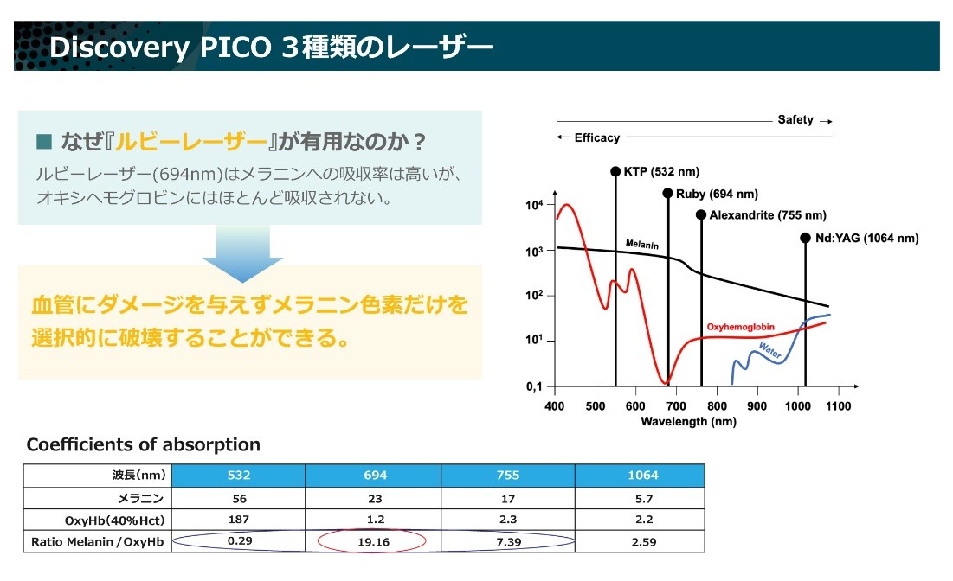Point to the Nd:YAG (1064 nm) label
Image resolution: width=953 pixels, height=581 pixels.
(x=866, y=238)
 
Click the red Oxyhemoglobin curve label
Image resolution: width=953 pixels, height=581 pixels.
(x=740, y=327)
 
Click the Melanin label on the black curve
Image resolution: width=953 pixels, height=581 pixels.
(x=642, y=246)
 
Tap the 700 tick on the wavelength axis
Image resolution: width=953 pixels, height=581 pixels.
(x=676, y=405)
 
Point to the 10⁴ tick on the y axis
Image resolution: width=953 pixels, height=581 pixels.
(x=535, y=206)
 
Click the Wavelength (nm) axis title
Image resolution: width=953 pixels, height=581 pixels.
(x=688, y=422)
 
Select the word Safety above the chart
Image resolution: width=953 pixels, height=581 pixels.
(x=795, y=120)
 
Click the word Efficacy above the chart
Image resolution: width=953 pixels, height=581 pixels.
(x=597, y=137)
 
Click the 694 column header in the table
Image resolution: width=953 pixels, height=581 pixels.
(x=374, y=476)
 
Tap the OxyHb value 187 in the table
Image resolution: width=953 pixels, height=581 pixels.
(x=238, y=520)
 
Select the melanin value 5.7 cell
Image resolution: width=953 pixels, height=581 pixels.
(x=642, y=498)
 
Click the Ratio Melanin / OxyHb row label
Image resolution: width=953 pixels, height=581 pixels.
(x=98, y=542)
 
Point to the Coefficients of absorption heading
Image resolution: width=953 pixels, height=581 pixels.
(x=143, y=445)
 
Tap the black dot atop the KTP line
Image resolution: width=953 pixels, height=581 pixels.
(x=615, y=171)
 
